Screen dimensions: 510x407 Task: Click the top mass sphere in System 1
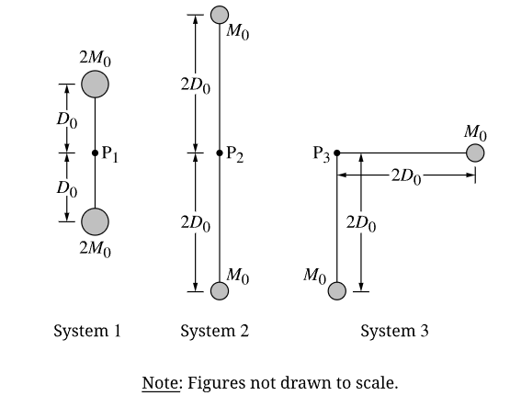coord(95,85)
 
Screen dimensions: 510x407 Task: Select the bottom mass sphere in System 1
coord(95,221)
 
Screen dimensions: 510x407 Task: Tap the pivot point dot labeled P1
coord(95,153)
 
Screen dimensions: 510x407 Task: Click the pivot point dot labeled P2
coord(220,153)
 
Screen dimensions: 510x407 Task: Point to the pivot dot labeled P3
coord(337,153)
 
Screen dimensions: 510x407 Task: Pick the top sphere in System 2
coord(220,15)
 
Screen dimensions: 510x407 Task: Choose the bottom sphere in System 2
coord(220,290)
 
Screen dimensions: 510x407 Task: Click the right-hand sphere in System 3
coord(475,153)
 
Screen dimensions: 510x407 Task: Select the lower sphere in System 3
coord(337,290)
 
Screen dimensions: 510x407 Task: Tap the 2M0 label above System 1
coord(95,59)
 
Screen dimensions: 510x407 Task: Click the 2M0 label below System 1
coord(95,249)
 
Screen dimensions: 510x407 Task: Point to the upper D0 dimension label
coord(67,120)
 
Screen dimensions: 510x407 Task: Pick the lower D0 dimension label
coord(67,189)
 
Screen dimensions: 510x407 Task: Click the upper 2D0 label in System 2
coord(196,85)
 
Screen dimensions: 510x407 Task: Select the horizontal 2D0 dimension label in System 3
coord(406,176)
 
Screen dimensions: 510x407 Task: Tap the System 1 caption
coord(87,332)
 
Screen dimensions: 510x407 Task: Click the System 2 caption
coord(215,332)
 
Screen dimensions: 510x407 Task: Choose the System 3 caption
coord(394,332)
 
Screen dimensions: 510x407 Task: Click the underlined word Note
coord(160,382)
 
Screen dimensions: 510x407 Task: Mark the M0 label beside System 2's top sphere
coord(238,32)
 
